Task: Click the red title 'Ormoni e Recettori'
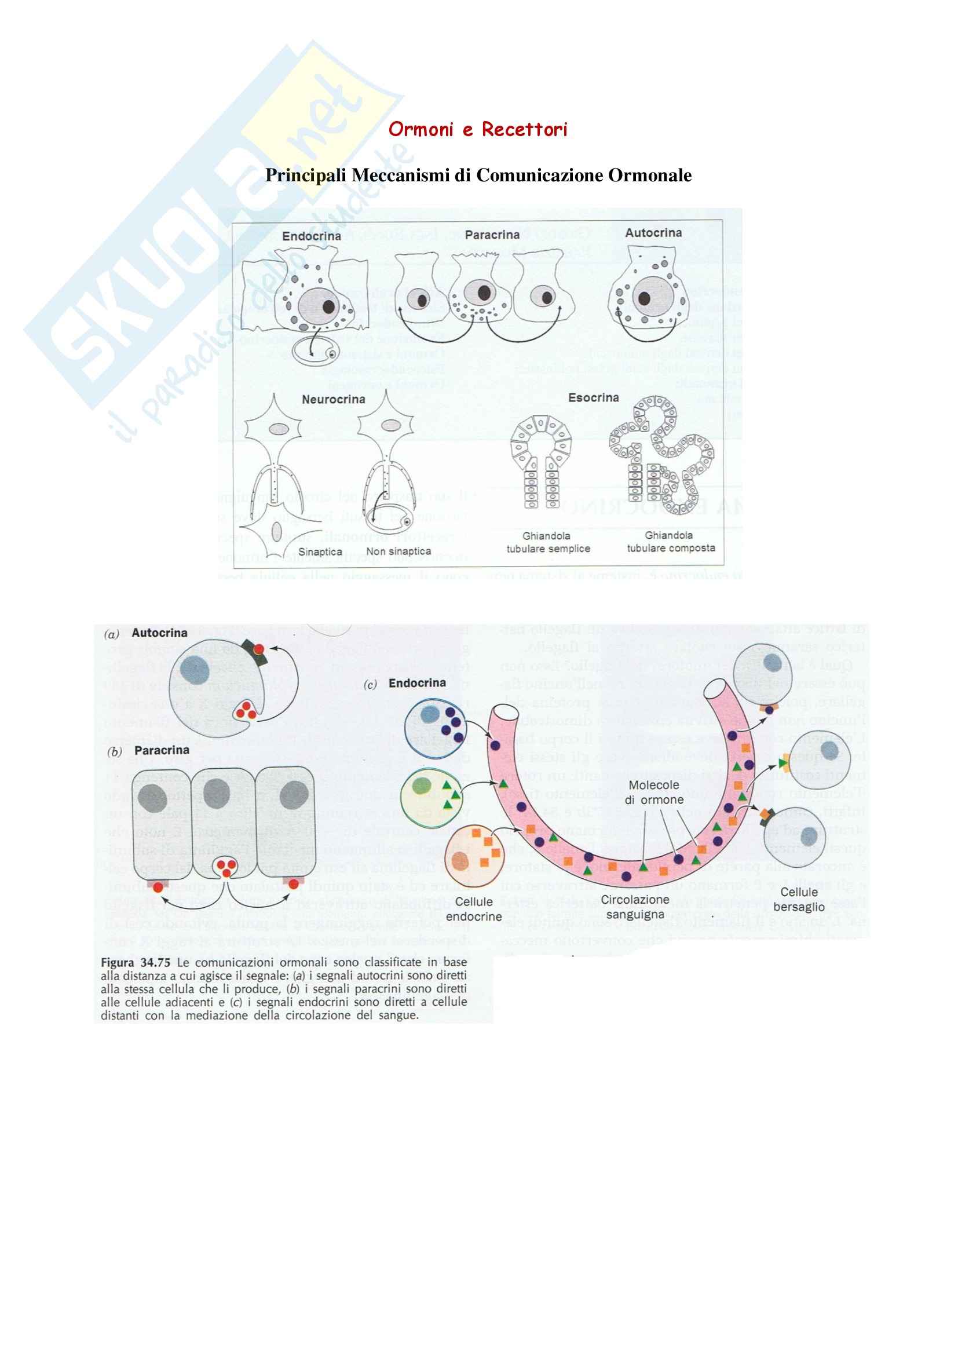(x=478, y=129)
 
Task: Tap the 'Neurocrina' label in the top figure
(x=333, y=400)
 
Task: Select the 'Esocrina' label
(x=593, y=398)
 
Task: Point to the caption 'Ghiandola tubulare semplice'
(x=548, y=542)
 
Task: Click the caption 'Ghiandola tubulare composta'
(x=671, y=542)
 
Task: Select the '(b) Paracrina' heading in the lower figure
(x=148, y=751)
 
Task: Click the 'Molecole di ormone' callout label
(x=653, y=792)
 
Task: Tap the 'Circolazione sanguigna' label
(x=635, y=907)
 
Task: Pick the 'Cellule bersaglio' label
(x=799, y=900)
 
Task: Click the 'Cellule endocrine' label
(x=474, y=909)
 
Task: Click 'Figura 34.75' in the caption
(x=135, y=963)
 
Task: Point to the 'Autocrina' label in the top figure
(x=653, y=233)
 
